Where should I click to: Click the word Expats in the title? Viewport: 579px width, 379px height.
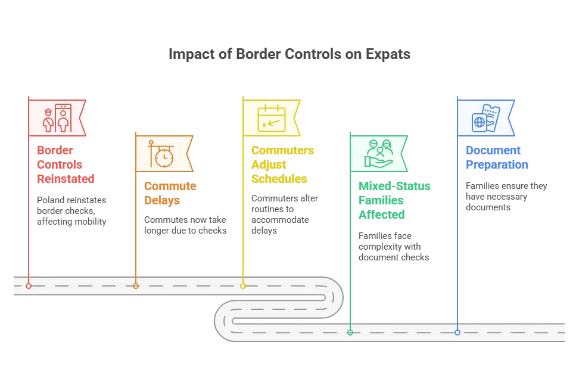coord(388,54)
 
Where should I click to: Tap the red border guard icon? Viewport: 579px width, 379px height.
coord(57,118)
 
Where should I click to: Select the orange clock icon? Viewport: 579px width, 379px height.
coord(161,154)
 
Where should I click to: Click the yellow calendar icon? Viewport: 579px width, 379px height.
coord(272,118)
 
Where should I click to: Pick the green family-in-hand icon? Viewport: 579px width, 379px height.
coord(378,154)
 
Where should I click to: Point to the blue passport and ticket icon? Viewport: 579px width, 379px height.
coord(486,118)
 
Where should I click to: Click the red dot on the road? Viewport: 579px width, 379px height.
coord(29,286)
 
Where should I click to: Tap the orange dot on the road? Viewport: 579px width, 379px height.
coord(136,286)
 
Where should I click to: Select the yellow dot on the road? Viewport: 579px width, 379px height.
coord(243,286)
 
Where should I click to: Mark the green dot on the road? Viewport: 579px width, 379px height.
coord(350,333)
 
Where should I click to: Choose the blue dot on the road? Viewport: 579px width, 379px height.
coord(457,333)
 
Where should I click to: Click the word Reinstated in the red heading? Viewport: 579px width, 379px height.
coord(66,179)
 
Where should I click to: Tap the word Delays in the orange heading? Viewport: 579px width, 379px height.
coord(162,200)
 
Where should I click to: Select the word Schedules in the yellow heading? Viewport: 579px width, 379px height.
coord(279,179)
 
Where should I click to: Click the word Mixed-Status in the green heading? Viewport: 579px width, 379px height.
coord(394,186)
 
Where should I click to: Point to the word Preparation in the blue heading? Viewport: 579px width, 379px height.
coord(497,164)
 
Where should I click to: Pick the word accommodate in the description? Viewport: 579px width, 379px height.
coord(281,220)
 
